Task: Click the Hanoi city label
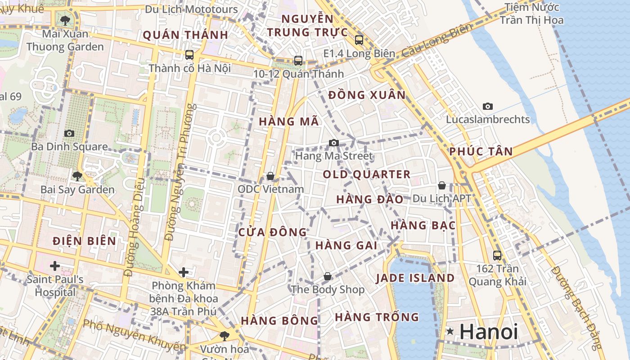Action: pos(489,332)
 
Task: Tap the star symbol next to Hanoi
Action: pos(450,332)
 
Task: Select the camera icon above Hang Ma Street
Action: pos(333,143)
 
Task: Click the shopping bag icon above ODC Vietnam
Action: pos(270,176)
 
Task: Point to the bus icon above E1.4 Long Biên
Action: pos(359,40)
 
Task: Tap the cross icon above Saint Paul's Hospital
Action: pos(55,266)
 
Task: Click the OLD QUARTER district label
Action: pos(367,175)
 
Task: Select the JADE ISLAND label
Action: pos(415,278)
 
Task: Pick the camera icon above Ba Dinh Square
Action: pos(69,133)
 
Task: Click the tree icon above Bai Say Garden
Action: pos(77,176)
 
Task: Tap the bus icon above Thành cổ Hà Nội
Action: pos(189,55)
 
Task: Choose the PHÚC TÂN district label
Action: pos(481,152)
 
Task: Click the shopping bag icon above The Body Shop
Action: pos(328,276)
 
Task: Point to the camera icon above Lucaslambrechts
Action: pos(487,106)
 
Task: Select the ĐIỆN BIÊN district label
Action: pos(84,241)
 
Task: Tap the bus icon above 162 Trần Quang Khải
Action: pos(497,255)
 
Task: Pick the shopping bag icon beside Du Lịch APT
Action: pos(442,185)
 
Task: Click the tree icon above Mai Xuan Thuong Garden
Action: pos(65,20)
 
